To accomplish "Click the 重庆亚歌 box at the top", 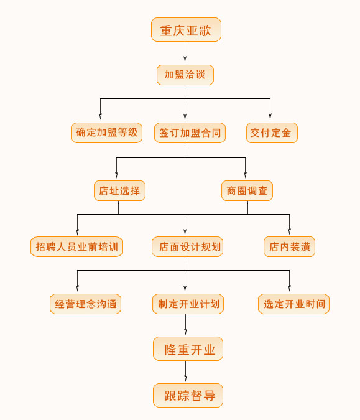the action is tap(186, 30).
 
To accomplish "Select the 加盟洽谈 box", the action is tap(185, 75).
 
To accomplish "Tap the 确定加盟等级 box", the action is tap(106, 133).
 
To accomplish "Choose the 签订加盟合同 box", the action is tap(190, 133).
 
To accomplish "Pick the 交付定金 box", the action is tap(272, 133).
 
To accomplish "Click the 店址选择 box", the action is tap(119, 191).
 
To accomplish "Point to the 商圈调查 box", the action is tap(247, 191).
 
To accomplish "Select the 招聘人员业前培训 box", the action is tap(77, 246).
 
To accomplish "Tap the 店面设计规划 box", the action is tap(187, 246).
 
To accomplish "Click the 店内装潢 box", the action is tap(289, 246).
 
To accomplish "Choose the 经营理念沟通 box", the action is tap(85, 304).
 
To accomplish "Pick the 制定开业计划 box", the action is tap(188, 304).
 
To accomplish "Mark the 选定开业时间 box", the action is tap(293, 304).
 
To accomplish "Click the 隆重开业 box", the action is tap(188, 348).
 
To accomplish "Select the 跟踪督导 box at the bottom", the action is tap(188, 395).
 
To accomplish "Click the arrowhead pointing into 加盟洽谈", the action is tap(185, 59).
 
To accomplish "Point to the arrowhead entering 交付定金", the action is tap(270, 116).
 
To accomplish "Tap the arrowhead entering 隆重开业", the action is tap(185, 332).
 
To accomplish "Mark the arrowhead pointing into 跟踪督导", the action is tap(185, 378).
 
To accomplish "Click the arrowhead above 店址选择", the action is tap(116, 175).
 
